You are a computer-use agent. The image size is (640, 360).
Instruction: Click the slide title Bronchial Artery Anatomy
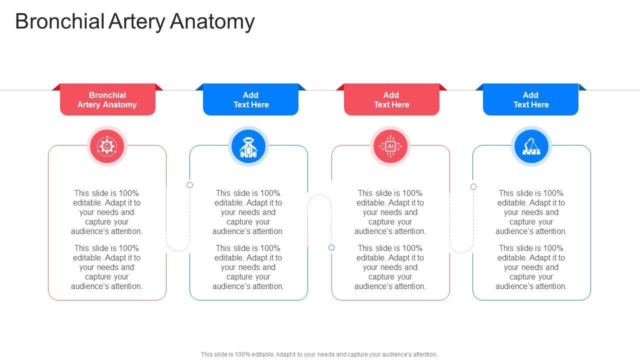click(x=135, y=21)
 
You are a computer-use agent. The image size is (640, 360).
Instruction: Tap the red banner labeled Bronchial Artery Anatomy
click(x=107, y=100)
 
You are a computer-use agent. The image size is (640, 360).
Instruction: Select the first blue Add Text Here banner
click(x=250, y=100)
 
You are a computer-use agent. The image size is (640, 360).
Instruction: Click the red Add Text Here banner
click(x=391, y=100)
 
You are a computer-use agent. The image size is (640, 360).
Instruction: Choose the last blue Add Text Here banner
click(x=530, y=100)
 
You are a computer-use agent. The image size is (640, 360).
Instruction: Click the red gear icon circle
click(x=106, y=146)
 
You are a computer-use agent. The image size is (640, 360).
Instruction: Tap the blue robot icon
click(x=248, y=146)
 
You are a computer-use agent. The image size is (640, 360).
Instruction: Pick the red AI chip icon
click(x=390, y=146)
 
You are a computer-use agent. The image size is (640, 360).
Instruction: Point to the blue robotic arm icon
click(x=531, y=146)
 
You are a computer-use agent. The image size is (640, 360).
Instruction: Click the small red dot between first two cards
click(x=190, y=185)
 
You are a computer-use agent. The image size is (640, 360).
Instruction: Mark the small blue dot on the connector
click(x=331, y=247)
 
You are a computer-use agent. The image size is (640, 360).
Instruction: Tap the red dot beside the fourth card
click(x=473, y=186)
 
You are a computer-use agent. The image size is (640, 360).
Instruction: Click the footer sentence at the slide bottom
click(x=319, y=354)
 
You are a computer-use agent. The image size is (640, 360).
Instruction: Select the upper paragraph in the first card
click(x=107, y=212)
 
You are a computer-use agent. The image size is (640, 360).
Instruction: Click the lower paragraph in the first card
click(x=107, y=267)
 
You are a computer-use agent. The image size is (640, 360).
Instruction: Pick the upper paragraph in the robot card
click(x=248, y=212)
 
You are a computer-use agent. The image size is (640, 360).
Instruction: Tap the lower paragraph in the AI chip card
click(x=390, y=267)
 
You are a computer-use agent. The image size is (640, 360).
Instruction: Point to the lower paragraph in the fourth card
click(x=531, y=267)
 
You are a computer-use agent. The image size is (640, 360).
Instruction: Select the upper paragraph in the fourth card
click(x=531, y=212)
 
